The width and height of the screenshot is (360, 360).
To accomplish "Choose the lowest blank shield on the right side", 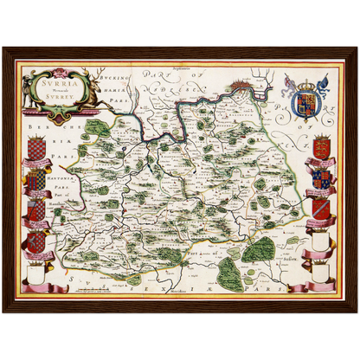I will tap(321, 269).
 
